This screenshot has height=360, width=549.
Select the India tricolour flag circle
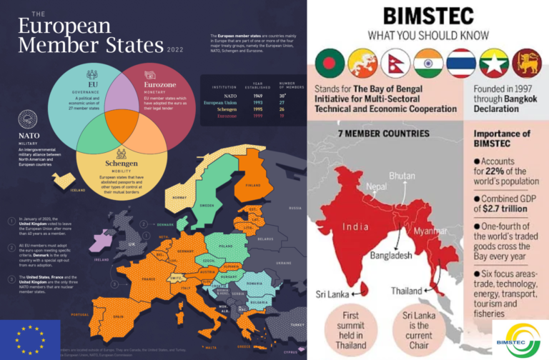[428, 64]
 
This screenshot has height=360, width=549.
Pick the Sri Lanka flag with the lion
[527, 64]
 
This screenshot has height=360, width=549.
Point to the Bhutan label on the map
[402, 175]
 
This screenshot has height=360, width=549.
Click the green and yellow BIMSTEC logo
[521, 339]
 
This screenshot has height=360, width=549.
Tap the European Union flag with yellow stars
[29, 338]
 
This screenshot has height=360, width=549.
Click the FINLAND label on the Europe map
[252, 184]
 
